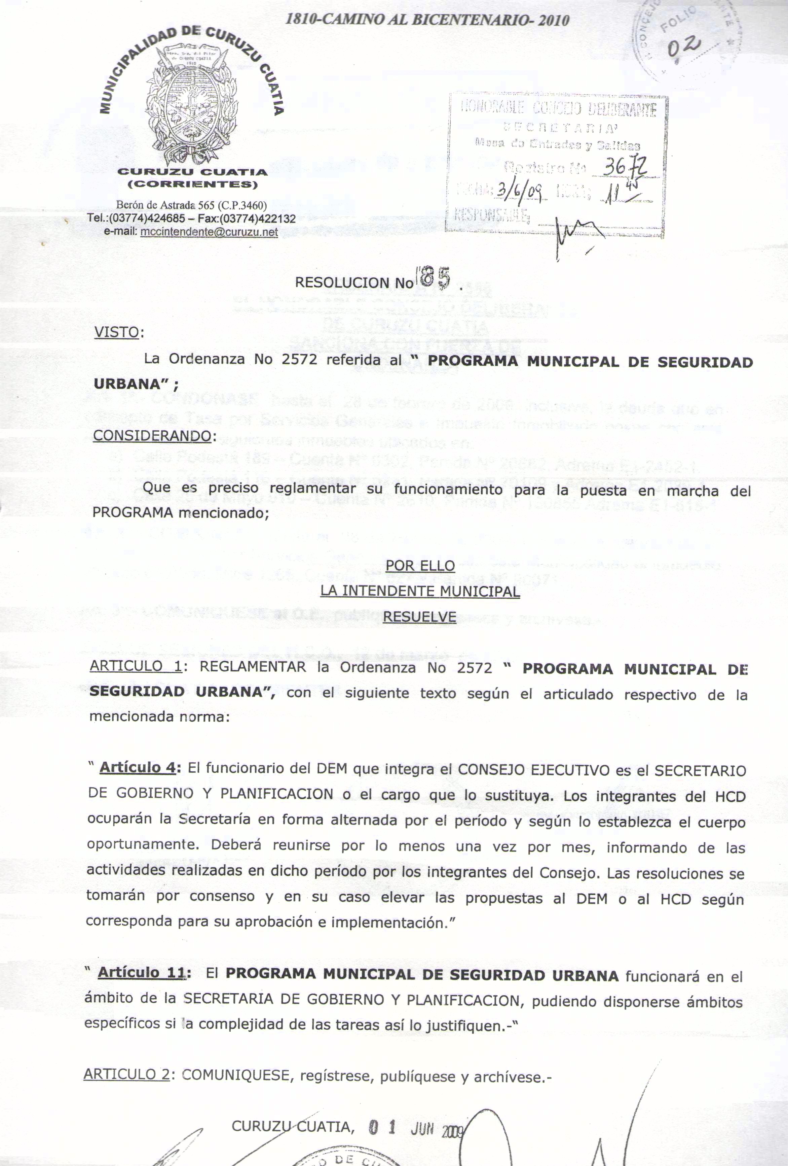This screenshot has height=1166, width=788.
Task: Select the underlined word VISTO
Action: tap(116, 333)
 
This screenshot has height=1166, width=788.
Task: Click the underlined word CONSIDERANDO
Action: tap(152, 435)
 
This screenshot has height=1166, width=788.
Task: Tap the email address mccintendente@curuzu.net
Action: tap(209, 232)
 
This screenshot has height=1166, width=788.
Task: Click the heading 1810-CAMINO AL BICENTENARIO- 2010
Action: tap(426, 20)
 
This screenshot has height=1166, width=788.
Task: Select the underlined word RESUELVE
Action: tap(420, 617)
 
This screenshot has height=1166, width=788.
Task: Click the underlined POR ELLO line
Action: tap(420, 565)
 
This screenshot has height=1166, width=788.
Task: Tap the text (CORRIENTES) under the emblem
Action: tap(192, 184)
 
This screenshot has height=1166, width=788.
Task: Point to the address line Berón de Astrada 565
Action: tap(191, 205)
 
